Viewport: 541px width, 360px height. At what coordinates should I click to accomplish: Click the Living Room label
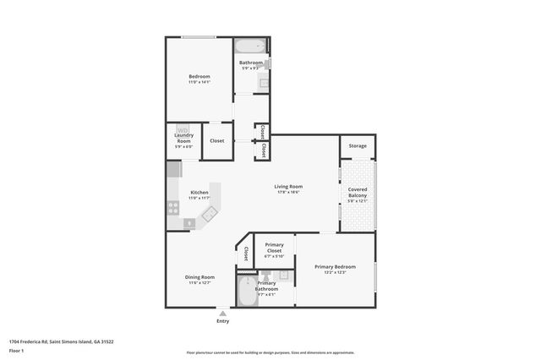click(x=287, y=186)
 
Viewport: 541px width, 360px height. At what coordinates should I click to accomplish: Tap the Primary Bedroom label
click(x=335, y=267)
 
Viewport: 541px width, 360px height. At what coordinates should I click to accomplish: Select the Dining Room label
click(x=199, y=277)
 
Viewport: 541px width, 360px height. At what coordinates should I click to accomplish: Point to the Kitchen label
click(x=199, y=192)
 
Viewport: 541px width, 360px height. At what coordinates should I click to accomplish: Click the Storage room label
click(x=358, y=146)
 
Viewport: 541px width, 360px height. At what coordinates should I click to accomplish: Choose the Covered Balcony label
click(x=358, y=192)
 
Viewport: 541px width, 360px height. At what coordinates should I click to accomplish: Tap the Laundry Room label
click(x=183, y=139)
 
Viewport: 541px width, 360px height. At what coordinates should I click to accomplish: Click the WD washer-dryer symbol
click(x=183, y=129)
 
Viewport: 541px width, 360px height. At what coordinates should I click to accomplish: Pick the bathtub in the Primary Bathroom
click(x=248, y=295)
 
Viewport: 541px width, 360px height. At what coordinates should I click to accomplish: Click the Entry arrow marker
click(x=222, y=313)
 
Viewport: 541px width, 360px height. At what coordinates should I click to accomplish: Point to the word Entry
click(x=222, y=321)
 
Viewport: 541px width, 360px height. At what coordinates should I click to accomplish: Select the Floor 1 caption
click(x=15, y=349)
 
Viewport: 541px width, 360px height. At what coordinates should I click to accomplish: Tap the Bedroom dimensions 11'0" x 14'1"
click(x=199, y=82)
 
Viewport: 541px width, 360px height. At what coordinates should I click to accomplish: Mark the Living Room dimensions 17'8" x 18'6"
click(x=287, y=192)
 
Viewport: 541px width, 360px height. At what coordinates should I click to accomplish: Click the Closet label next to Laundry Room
click(x=217, y=140)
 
